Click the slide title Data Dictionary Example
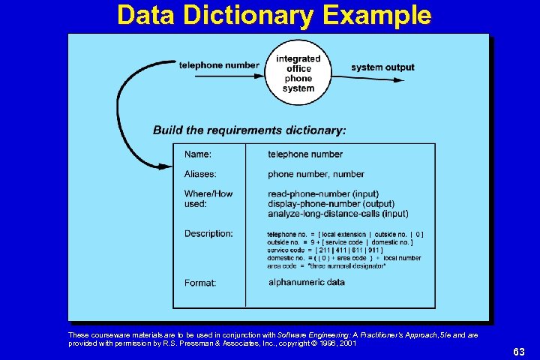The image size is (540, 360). pyautogui.click(x=274, y=15)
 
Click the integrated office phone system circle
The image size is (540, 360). pyautogui.click(x=298, y=73)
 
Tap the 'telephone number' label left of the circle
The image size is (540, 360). pyautogui.click(x=219, y=65)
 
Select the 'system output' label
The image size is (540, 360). pyautogui.click(x=382, y=67)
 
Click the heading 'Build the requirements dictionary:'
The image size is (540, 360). pyautogui.click(x=250, y=130)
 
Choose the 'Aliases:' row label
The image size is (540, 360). pyautogui.click(x=200, y=174)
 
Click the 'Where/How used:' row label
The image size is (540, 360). pyautogui.click(x=208, y=199)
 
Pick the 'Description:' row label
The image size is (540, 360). pyautogui.click(x=208, y=234)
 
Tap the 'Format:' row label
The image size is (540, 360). pyautogui.click(x=200, y=283)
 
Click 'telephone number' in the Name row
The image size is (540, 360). pyautogui.click(x=305, y=154)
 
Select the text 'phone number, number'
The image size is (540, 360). pyautogui.click(x=316, y=174)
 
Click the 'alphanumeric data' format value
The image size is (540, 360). pyautogui.click(x=306, y=282)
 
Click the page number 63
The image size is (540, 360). pyautogui.click(x=519, y=351)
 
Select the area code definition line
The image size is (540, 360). pyautogui.click(x=326, y=265)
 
